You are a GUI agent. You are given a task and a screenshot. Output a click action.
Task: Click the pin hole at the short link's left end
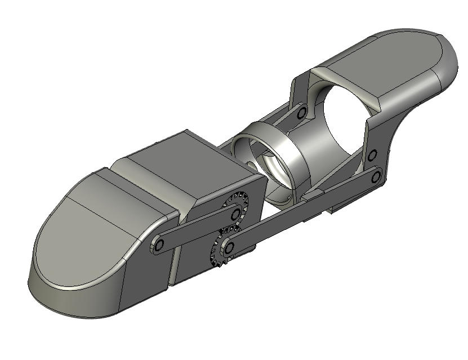159,245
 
